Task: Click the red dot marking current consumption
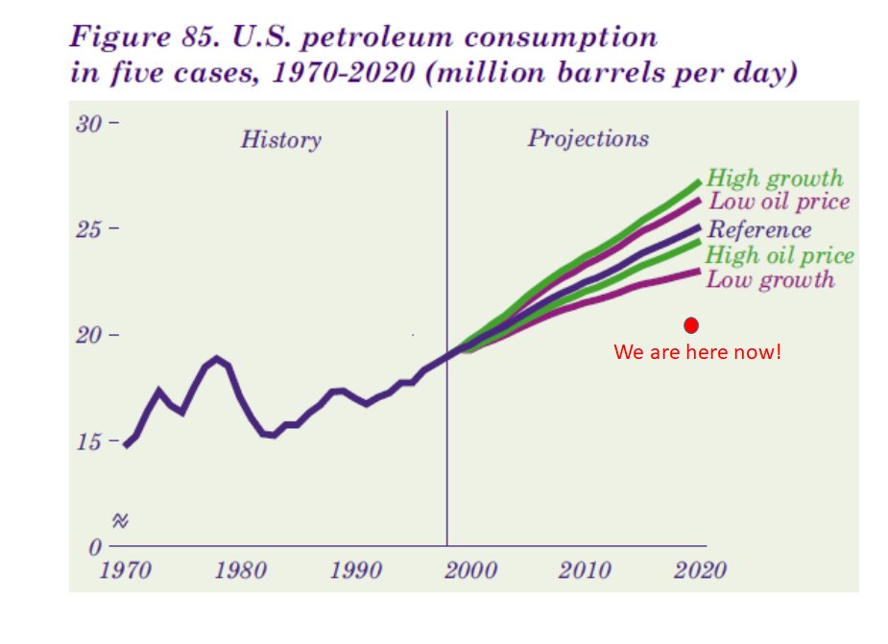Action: pyautogui.click(x=690, y=325)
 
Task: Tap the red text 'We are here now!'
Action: pyautogui.click(x=698, y=352)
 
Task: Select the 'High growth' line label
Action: pyautogui.click(x=774, y=179)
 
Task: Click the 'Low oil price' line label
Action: pyautogui.click(x=778, y=203)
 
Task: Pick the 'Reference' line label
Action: pyautogui.click(x=758, y=230)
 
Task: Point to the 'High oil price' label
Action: pyautogui.click(x=780, y=255)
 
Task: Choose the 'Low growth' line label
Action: pyautogui.click(x=770, y=280)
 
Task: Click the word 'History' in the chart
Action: pyautogui.click(x=280, y=140)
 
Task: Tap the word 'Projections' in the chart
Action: pyautogui.click(x=588, y=139)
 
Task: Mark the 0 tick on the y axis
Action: pyautogui.click(x=97, y=548)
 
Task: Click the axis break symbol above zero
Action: pyautogui.click(x=120, y=521)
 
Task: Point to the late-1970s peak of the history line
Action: pyautogui.click(x=217, y=360)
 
